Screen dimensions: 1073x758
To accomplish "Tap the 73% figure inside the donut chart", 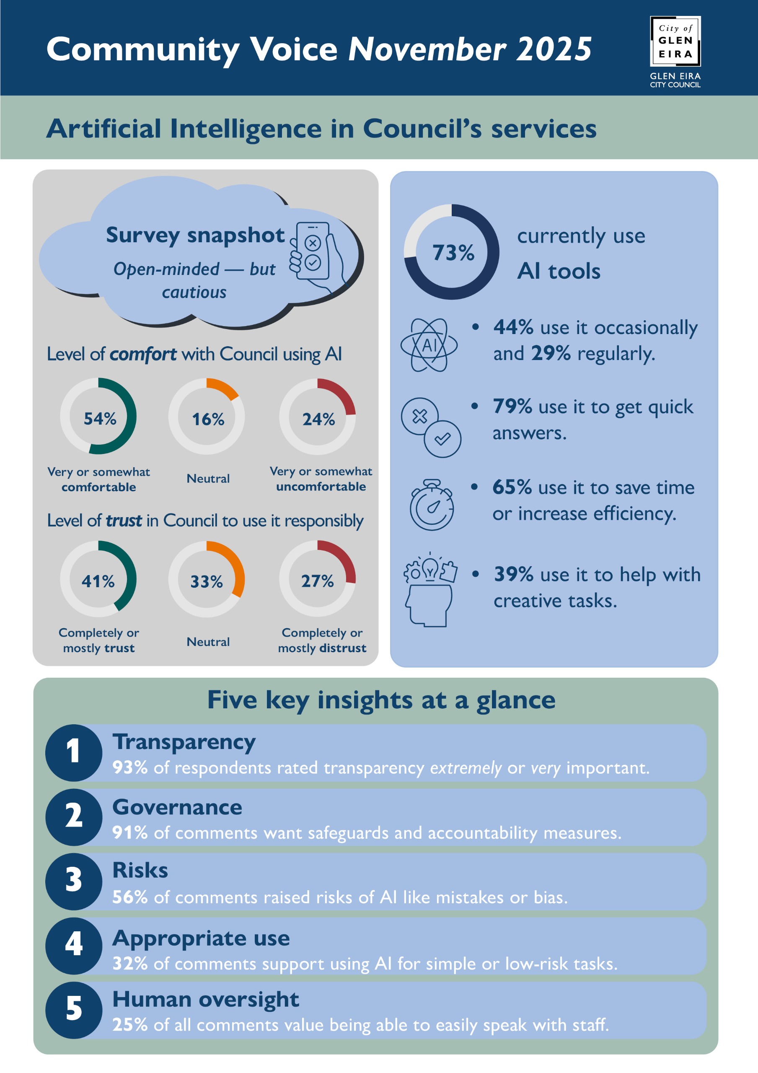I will click(x=453, y=253).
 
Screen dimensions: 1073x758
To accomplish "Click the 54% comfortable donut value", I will click(x=100, y=419).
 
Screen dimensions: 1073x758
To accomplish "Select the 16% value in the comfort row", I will click(x=208, y=419).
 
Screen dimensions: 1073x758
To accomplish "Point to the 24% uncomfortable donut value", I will click(x=319, y=419).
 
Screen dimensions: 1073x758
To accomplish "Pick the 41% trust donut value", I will click(x=98, y=581).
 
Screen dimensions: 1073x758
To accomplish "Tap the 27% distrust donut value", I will click(x=317, y=581).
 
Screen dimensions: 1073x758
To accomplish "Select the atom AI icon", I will click(x=429, y=345).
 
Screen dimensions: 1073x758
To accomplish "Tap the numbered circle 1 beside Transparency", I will click(x=73, y=752).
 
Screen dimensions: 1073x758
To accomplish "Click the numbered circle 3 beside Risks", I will click(x=73, y=881).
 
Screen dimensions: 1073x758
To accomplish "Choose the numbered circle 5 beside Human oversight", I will click(x=73, y=1011).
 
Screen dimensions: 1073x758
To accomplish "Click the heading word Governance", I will click(x=177, y=808).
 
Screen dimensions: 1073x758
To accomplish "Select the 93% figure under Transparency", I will click(x=130, y=768).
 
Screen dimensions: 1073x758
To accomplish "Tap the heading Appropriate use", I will click(x=201, y=938).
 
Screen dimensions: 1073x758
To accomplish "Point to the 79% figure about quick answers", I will click(x=512, y=407).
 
